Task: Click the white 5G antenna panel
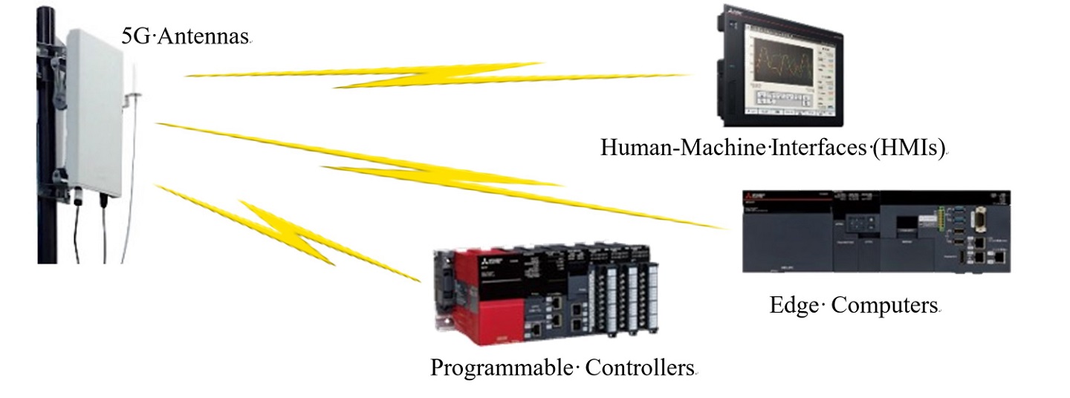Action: coord(99,111)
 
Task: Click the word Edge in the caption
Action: coord(794,304)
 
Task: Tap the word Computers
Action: coord(883,304)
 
